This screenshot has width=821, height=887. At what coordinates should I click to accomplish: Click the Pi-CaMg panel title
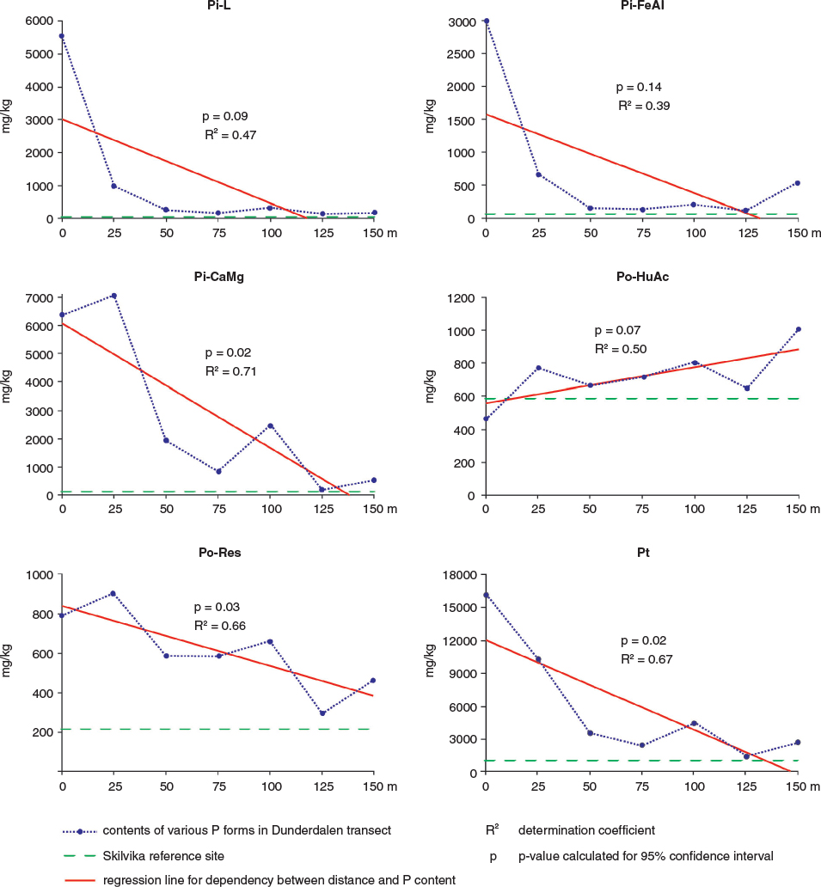click(x=219, y=277)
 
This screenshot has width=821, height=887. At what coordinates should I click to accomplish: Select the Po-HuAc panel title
click(x=642, y=277)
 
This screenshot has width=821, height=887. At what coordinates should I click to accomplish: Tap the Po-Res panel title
click(x=219, y=553)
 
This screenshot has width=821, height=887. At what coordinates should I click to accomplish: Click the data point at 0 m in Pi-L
click(x=62, y=36)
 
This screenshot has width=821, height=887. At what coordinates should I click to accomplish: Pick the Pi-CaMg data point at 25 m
click(x=113, y=296)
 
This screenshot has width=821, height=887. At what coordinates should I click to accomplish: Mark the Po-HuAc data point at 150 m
click(x=798, y=329)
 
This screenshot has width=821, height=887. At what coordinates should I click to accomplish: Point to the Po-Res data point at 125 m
click(x=322, y=713)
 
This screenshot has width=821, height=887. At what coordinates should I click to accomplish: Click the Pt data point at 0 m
click(x=486, y=595)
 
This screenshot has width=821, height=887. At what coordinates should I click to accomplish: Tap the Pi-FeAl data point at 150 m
click(x=798, y=183)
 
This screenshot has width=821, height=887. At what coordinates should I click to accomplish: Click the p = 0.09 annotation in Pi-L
click(x=225, y=117)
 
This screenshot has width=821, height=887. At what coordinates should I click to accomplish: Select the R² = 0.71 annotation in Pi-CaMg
click(x=231, y=371)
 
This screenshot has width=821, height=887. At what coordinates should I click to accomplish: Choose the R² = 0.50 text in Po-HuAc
click(x=621, y=348)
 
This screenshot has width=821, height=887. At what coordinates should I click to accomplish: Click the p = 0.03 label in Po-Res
click(x=217, y=607)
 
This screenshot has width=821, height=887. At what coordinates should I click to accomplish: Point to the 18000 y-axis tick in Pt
click(x=462, y=575)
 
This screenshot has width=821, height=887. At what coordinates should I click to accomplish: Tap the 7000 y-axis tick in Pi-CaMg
click(x=40, y=298)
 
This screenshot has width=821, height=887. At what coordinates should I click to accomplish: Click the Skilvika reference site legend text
click(x=163, y=856)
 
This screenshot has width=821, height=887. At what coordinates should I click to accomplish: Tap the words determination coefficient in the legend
click(x=587, y=830)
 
